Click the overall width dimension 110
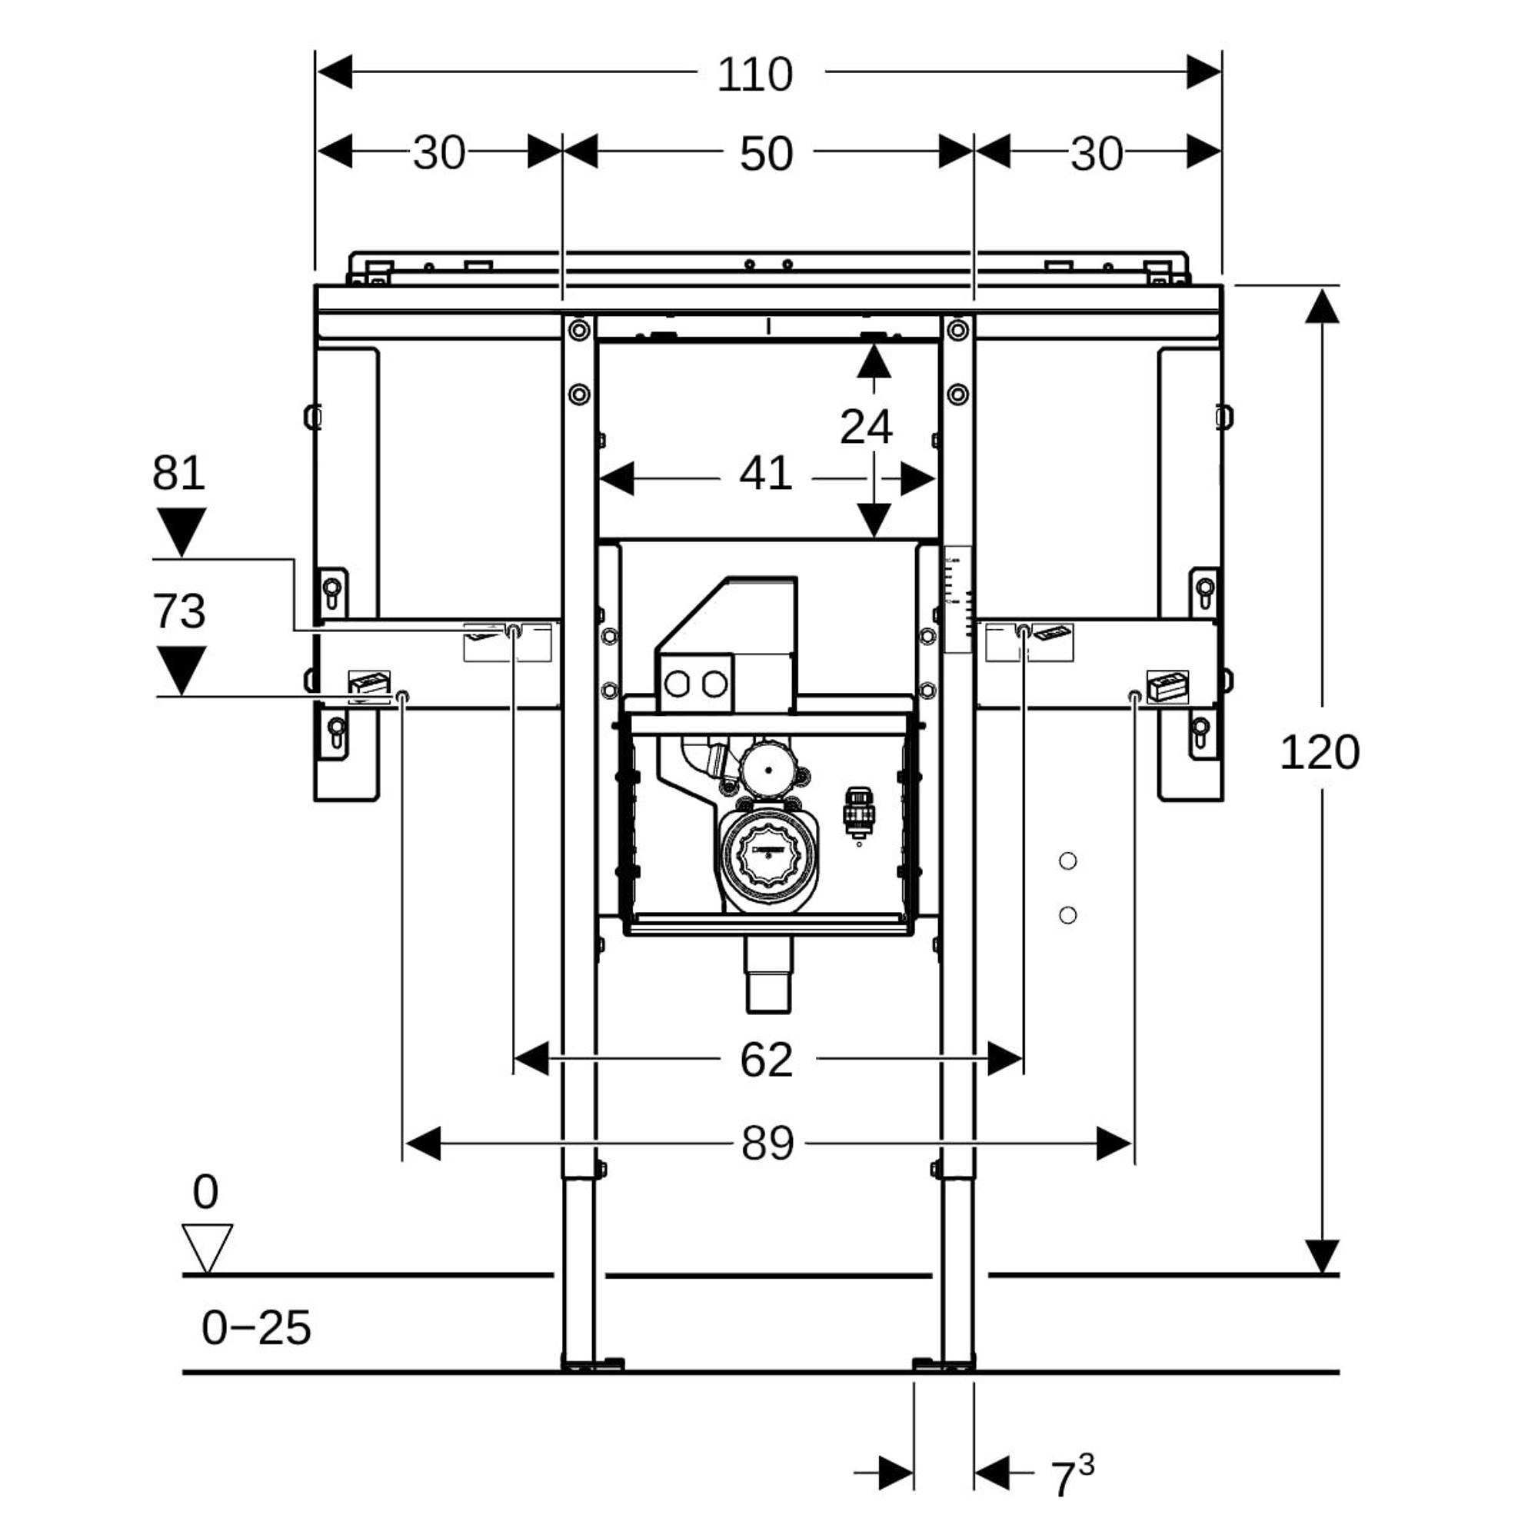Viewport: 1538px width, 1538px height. point(754,75)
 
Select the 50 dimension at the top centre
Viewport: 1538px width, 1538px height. point(766,154)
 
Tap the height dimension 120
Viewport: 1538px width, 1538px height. point(1319,752)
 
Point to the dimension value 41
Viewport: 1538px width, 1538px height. point(766,474)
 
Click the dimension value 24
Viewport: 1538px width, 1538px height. point(866,427)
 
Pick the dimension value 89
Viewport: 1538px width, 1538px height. point(767,1144)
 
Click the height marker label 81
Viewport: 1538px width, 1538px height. point(178,473)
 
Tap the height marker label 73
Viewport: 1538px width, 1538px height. point(178,611)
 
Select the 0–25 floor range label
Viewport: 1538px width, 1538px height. point(255,1328)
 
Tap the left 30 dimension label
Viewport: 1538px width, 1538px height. point(438,154)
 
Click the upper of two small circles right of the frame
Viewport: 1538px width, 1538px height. point(1067,861)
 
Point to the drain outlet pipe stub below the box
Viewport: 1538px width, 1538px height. point(768,974)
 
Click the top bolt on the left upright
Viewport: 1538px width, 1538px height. point(579,329)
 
